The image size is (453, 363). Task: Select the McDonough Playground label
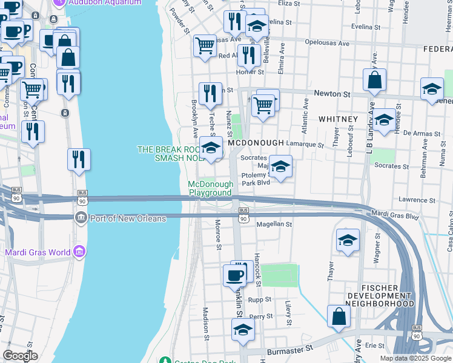coord(210,188)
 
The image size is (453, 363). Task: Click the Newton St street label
coord(332,94)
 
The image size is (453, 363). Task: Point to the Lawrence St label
coord(417,200)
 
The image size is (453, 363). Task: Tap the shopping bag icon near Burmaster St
coord(339,316)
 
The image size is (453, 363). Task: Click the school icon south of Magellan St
coord(348,240)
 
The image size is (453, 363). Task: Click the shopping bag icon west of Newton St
coord(375,79)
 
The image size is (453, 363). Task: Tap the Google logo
coord(20,355)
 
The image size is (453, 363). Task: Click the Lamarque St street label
coord(305,145)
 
